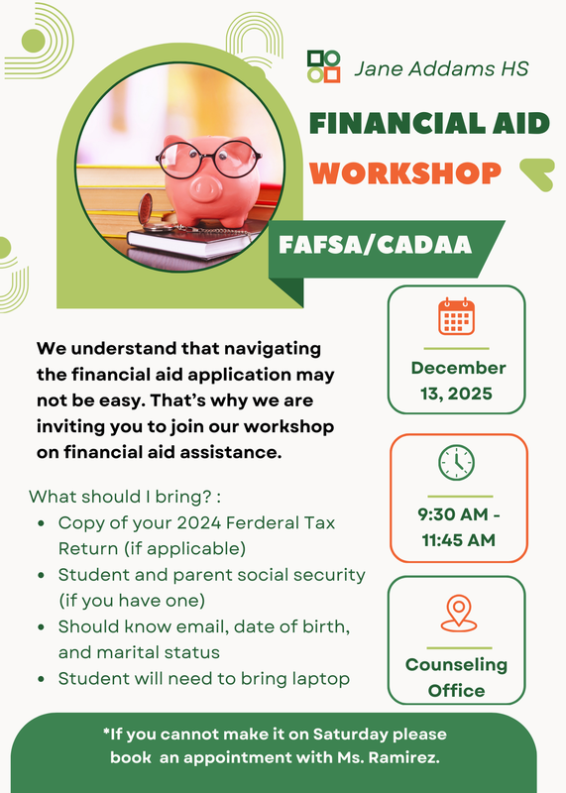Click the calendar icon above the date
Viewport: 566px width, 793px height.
(x=456, y=316)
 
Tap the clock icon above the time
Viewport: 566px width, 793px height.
(x=456, y=462)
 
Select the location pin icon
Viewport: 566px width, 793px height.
(x=456, y=613)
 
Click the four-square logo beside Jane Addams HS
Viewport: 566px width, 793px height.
(x=323, y=66)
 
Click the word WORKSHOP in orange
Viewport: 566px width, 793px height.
(x=404, y=172)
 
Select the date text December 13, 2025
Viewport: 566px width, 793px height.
(x=457, y=381)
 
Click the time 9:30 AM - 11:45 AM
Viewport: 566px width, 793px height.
(x=456, y=527)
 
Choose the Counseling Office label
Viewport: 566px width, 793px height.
(x=456, y=676)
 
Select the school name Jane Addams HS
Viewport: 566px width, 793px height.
(x=441, y=68)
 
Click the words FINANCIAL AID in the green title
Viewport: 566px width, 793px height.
(x=429, y=123)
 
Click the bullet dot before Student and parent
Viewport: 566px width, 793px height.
(x=40, y=575)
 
